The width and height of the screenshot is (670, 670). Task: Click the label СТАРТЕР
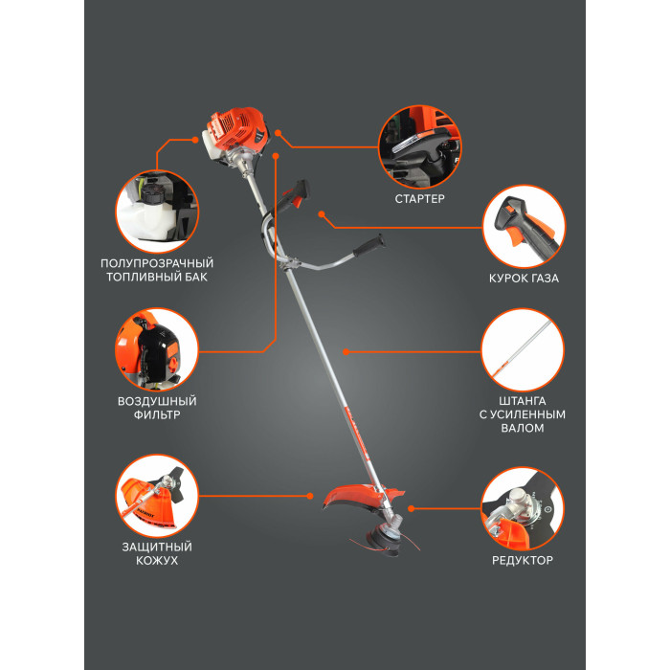pos(419,199)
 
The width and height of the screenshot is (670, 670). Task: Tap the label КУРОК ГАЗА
pos(524,279)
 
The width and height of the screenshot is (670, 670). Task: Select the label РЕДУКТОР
pos(523,560)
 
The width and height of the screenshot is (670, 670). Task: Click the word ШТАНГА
pos(523,401)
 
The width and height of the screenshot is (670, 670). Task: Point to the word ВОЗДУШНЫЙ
pos(157,401)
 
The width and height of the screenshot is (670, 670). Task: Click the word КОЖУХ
pos(157,560)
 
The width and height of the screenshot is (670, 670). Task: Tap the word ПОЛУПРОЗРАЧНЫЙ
pos(157,263)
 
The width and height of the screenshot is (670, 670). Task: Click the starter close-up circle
pos(420,147)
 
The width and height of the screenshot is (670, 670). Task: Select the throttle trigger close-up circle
pos(524,227)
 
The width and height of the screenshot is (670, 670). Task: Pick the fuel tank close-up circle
pos(157,212)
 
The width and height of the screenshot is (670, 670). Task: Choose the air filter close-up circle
pos(157,350)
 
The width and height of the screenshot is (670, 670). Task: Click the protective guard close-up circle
pos(157,496)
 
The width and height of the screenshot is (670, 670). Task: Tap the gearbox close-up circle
pos(523,508)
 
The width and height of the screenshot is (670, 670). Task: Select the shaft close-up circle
pos(523,350)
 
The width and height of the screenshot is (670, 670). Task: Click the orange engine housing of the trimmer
pos(237,129)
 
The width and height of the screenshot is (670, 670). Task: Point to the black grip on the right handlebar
pos(368,246)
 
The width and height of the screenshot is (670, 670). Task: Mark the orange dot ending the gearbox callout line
pos(411,508)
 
